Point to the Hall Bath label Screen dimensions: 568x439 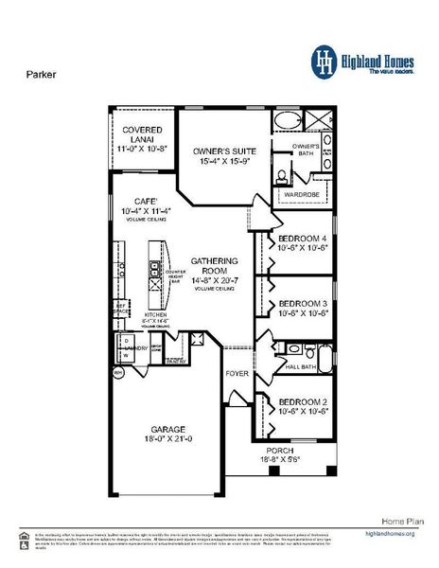click(x=299, y=366)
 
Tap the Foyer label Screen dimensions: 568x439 click(x=237, y=373)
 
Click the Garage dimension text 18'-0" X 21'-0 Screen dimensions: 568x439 click(x=164, y=439)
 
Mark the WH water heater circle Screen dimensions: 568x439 click(x=119, y=374)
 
